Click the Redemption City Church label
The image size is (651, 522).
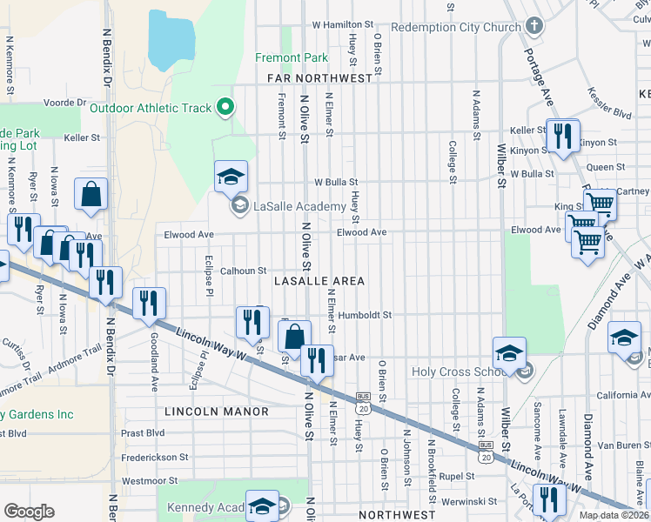coord(455,27)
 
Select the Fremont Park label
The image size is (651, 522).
coord(292,58)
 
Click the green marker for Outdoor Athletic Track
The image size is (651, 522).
coord(225,108)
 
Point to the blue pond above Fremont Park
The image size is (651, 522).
coord(171,40)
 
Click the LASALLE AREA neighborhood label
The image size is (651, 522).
coord(319,281)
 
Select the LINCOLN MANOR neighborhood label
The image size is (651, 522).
coord(216,410)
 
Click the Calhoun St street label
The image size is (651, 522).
coord(243,271)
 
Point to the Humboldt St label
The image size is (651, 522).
coord(366,315)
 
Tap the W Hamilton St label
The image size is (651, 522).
coord(342,24)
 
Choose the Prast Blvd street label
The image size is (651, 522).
coord(144,432)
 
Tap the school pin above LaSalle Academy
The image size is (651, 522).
coord(231,177)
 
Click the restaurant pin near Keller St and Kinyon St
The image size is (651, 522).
coord(562,136)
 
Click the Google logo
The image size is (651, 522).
coord(29,512)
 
